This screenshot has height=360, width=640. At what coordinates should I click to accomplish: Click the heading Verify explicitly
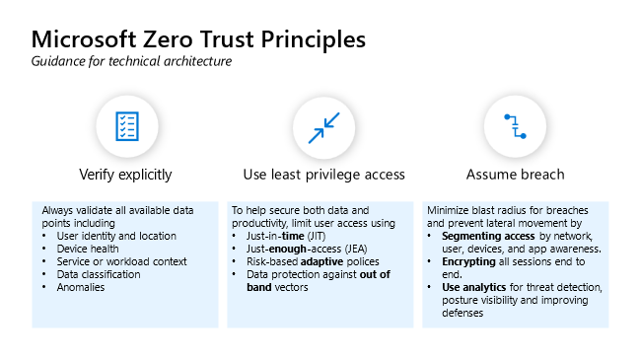coord(125,175)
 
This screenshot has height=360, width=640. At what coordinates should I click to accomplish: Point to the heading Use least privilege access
coord(323,175)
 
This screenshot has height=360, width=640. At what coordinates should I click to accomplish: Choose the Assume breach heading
coord(515,175)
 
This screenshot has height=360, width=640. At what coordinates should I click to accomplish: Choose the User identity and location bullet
coord(116,236)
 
